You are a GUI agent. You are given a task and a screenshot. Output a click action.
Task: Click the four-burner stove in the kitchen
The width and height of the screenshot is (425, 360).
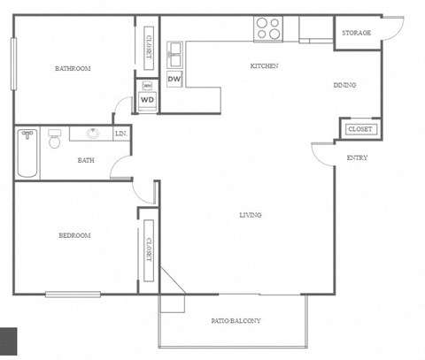pyautogui.click(x=268, y=29)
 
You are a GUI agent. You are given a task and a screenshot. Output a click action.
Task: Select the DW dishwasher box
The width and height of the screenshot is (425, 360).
pyautogui.click(x=174, y=80)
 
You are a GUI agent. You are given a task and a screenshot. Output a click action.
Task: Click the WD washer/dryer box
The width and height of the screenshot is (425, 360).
pyautogui.click(x=147, y=100)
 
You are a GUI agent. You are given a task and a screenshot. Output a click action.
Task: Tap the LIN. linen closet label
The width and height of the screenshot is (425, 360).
pyautogui.click(x=121, y=134)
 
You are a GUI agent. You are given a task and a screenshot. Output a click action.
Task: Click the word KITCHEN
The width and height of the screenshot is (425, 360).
pyautogui.click(x=265, y=66)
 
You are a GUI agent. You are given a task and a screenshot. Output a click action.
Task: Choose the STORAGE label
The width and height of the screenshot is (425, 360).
pyautogui.click(x=357, y=33)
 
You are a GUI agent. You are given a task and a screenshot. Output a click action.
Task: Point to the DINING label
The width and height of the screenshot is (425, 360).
pyautogui.click(x=344, y=86)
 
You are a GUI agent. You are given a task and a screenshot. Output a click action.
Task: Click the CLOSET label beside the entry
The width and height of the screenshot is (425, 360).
pyautogui.click(x=359, y=129)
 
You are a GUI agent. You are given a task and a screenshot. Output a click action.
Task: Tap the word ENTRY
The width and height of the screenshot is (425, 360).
pyautogui.click(x=357, y=158)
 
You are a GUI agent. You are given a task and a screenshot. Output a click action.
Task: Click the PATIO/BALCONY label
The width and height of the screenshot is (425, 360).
pyautogui.click(x=236, y=320)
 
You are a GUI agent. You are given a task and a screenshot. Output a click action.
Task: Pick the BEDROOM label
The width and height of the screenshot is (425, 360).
pyautogui.click(x=74, y=235)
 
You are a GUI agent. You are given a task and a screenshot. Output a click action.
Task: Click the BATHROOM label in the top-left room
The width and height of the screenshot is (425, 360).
pyautogui.click(x=73, y=68)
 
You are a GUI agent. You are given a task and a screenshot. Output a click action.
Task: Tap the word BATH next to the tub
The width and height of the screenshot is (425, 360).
pyautogui.click(x=87, y=160)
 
